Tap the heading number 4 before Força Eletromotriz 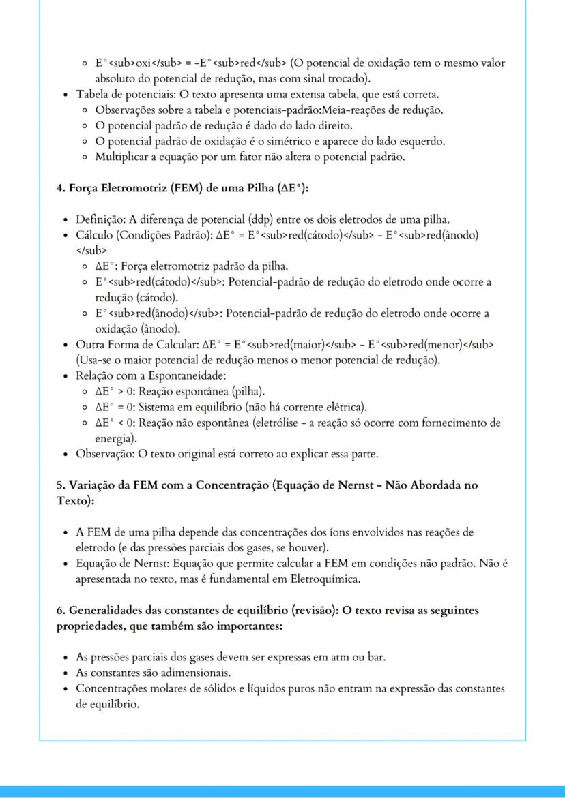click(x=59, y=187)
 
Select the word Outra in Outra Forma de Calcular click(x=89, y=344)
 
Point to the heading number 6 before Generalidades click(x=59, y=610)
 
